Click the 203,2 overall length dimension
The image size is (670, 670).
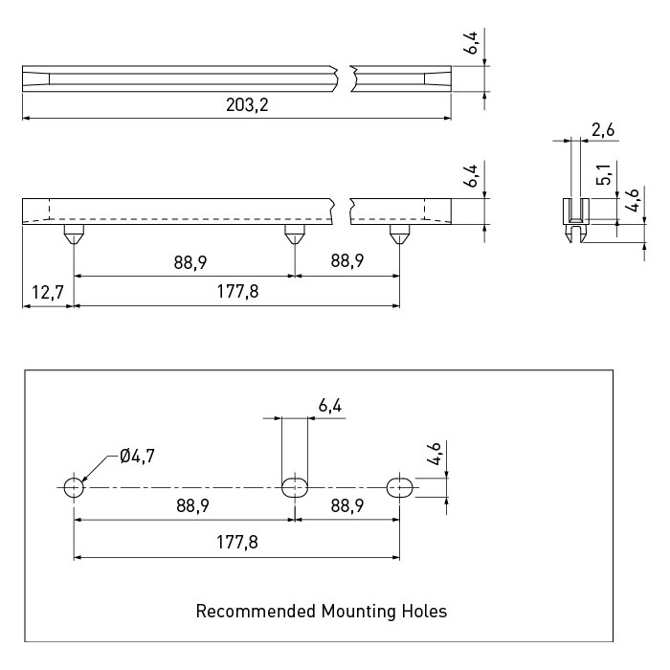[x=247, y=104]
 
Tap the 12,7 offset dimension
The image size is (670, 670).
[x=48, y=293]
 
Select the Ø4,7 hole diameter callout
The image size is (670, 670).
[x=137, y=456]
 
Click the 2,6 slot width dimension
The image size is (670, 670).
[x=603, y=129]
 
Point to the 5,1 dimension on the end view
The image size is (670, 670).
[x=604, y=174]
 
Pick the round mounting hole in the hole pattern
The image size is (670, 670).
[x=74, y=487]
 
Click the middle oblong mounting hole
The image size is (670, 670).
[x=295, y=487]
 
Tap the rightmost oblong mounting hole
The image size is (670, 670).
[x=400, y=487]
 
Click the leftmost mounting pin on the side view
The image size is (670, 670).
[x=74, y=234]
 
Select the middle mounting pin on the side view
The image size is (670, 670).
[x=295, y=234]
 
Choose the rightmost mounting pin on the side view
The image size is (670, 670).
[x=400, y=234]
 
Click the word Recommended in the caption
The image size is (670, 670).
[x=256, y=611]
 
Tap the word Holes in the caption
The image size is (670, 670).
[x=424, y=611]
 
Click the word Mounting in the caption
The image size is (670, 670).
[x=359, y=612]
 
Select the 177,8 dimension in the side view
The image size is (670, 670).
[x=237, y=292]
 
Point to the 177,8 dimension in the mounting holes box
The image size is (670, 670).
[x=237, y=543]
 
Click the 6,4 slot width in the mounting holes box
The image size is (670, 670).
[x=330, y=405]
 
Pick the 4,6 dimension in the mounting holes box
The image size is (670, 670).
[x=434, y=454]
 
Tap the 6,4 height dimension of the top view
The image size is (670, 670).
[x=472, y=43]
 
